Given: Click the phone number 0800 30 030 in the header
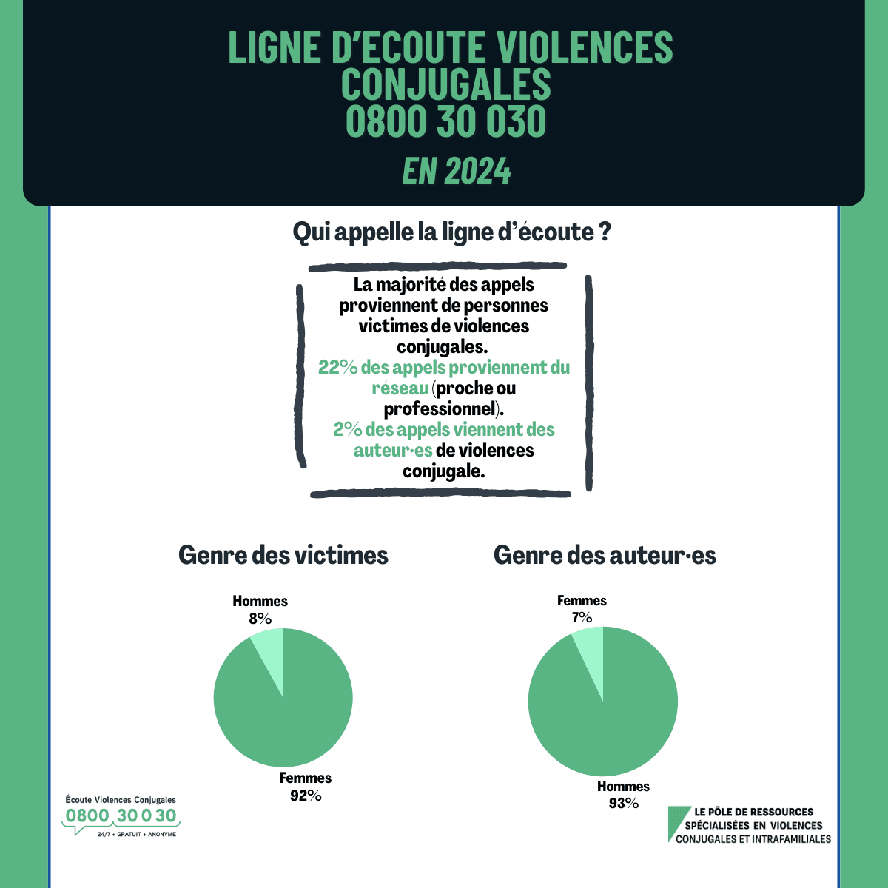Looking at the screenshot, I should pyautogui.click(x=445, y=122).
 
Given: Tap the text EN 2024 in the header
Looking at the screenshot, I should pyautogui.click(x=457, y=172).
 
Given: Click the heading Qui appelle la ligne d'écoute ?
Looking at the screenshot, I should pyautogui.click(x=451, y=232).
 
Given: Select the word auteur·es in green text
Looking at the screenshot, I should pyautogui.click(x=392, y=450).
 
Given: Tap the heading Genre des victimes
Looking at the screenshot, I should pyautogui.click(x=283, y=555).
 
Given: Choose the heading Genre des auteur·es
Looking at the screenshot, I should pyautogui.click(x=605, y=555).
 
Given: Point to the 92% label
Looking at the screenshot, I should pyautogui.click(x=306, y=795).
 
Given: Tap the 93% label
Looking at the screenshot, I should pyautogui.click(x=623, y=803).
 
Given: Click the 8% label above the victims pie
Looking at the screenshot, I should pyautogui.click(x=260, y=619).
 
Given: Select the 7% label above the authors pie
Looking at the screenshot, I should pyautogui.click(x=582, y=617).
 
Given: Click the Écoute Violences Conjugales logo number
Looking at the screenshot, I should pyautogui.click(x=121, y=815).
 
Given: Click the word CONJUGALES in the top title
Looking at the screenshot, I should pyautogui.click(x=445, y=84).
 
